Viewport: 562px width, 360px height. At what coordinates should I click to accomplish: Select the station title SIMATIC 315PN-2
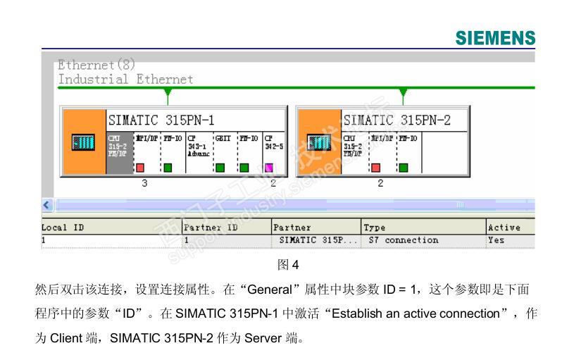click(396, 120)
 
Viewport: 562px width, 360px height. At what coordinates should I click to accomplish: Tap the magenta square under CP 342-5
click(268, 168)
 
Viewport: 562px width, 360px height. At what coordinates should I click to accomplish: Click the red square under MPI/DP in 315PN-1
click(140, 168)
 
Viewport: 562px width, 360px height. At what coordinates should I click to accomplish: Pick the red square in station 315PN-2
click(375, 168)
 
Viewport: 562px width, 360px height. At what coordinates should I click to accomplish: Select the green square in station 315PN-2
click(404, 168)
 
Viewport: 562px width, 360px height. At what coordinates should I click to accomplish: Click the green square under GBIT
click(220, 168)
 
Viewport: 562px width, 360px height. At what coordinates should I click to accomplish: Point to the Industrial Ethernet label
click(125, 80)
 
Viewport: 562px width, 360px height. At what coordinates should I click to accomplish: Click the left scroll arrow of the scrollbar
click(46, 205)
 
